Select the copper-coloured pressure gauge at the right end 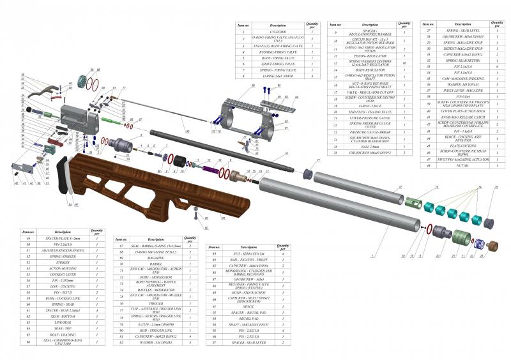pos(492,246)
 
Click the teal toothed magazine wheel pos(82,83)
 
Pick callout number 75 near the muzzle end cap pos(496,186)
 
